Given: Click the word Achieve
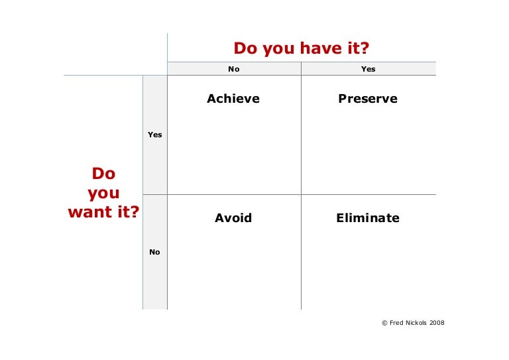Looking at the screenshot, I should [x=233, y=99].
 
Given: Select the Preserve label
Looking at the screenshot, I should [x=368, y=99].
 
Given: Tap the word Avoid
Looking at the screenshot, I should [x=233, y=217].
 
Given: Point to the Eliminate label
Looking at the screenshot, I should [x=368, y=217].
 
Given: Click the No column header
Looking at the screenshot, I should [x=233, y=69].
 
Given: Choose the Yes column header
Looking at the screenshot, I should [x=368, y=69].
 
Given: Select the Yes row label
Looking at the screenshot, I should [x=155, y=135].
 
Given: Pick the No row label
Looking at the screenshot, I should [x=154, y=252].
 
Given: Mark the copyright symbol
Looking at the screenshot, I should [x=384, y=323].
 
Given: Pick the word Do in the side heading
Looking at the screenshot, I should [x=103, y=174].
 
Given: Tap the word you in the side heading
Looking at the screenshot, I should [x=103, y=193].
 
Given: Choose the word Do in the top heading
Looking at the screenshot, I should [x=245, y=48].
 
